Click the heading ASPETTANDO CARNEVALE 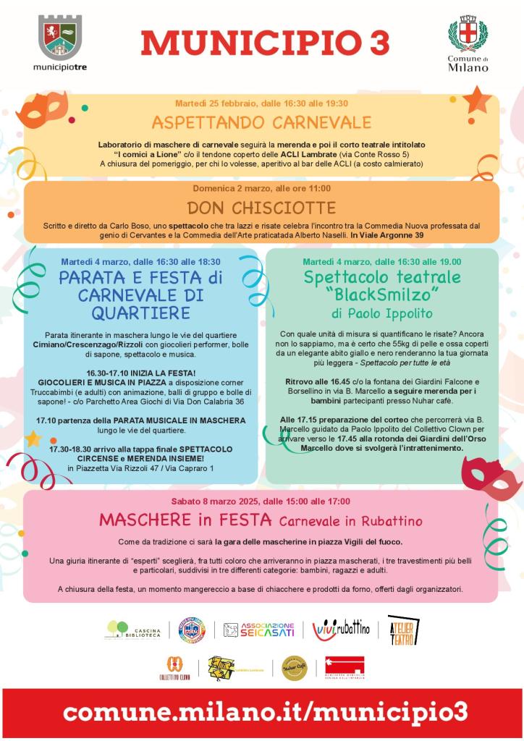tap(261, 121)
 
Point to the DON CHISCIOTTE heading tap(261, 208)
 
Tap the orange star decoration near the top tap(476, 98)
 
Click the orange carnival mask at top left tap(41, 110)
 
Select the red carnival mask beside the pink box tap(492, 475)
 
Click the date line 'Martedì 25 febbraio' tap(261, 103)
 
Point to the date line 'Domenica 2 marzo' tap(261, 188)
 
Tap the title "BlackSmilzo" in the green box tap(382, 295)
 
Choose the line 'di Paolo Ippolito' tap(382, 313)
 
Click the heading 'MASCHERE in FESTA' tap(185, 520)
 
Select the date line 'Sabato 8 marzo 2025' tap(261, 501)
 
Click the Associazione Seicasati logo tap(258, 630)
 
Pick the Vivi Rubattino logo tap(340, 629)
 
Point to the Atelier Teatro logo tap(400, 629)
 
